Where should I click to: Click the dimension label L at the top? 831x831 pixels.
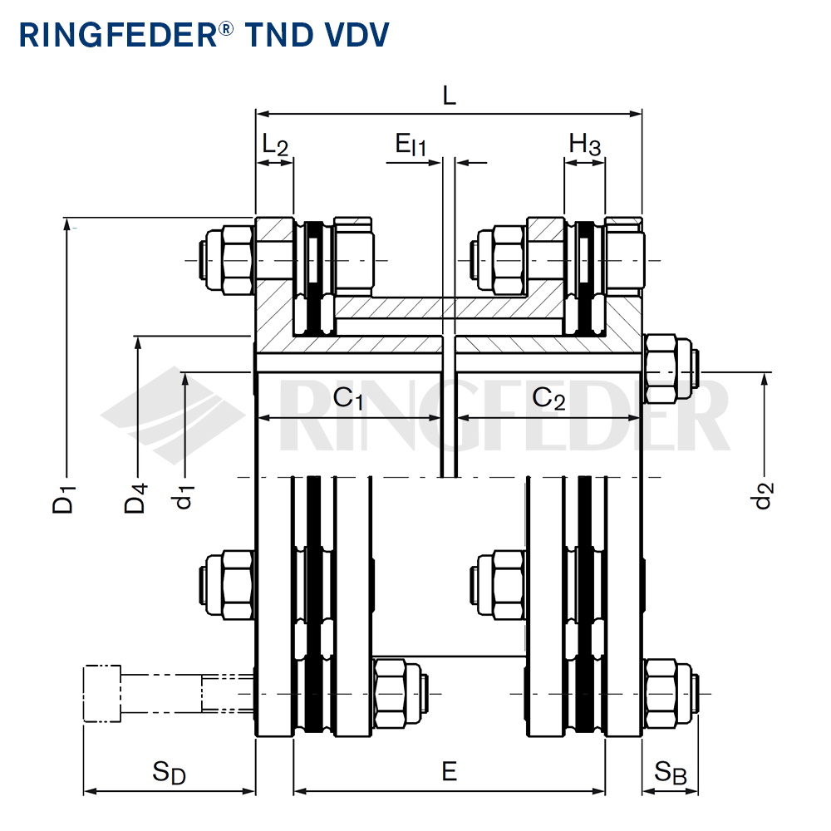point(449,95)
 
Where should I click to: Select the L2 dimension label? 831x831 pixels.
point(274,145)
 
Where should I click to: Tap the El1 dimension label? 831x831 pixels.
point(411,146)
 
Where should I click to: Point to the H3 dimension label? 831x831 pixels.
point(584,145)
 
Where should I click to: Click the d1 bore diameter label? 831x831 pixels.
point(184,498)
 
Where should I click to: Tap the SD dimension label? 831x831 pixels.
point(169,774)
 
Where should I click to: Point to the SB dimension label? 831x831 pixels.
point(670,774)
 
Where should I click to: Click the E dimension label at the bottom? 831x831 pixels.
point(449,772)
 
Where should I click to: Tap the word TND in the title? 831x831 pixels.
point(274,35)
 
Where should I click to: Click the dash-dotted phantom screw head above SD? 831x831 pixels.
point(102,693)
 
